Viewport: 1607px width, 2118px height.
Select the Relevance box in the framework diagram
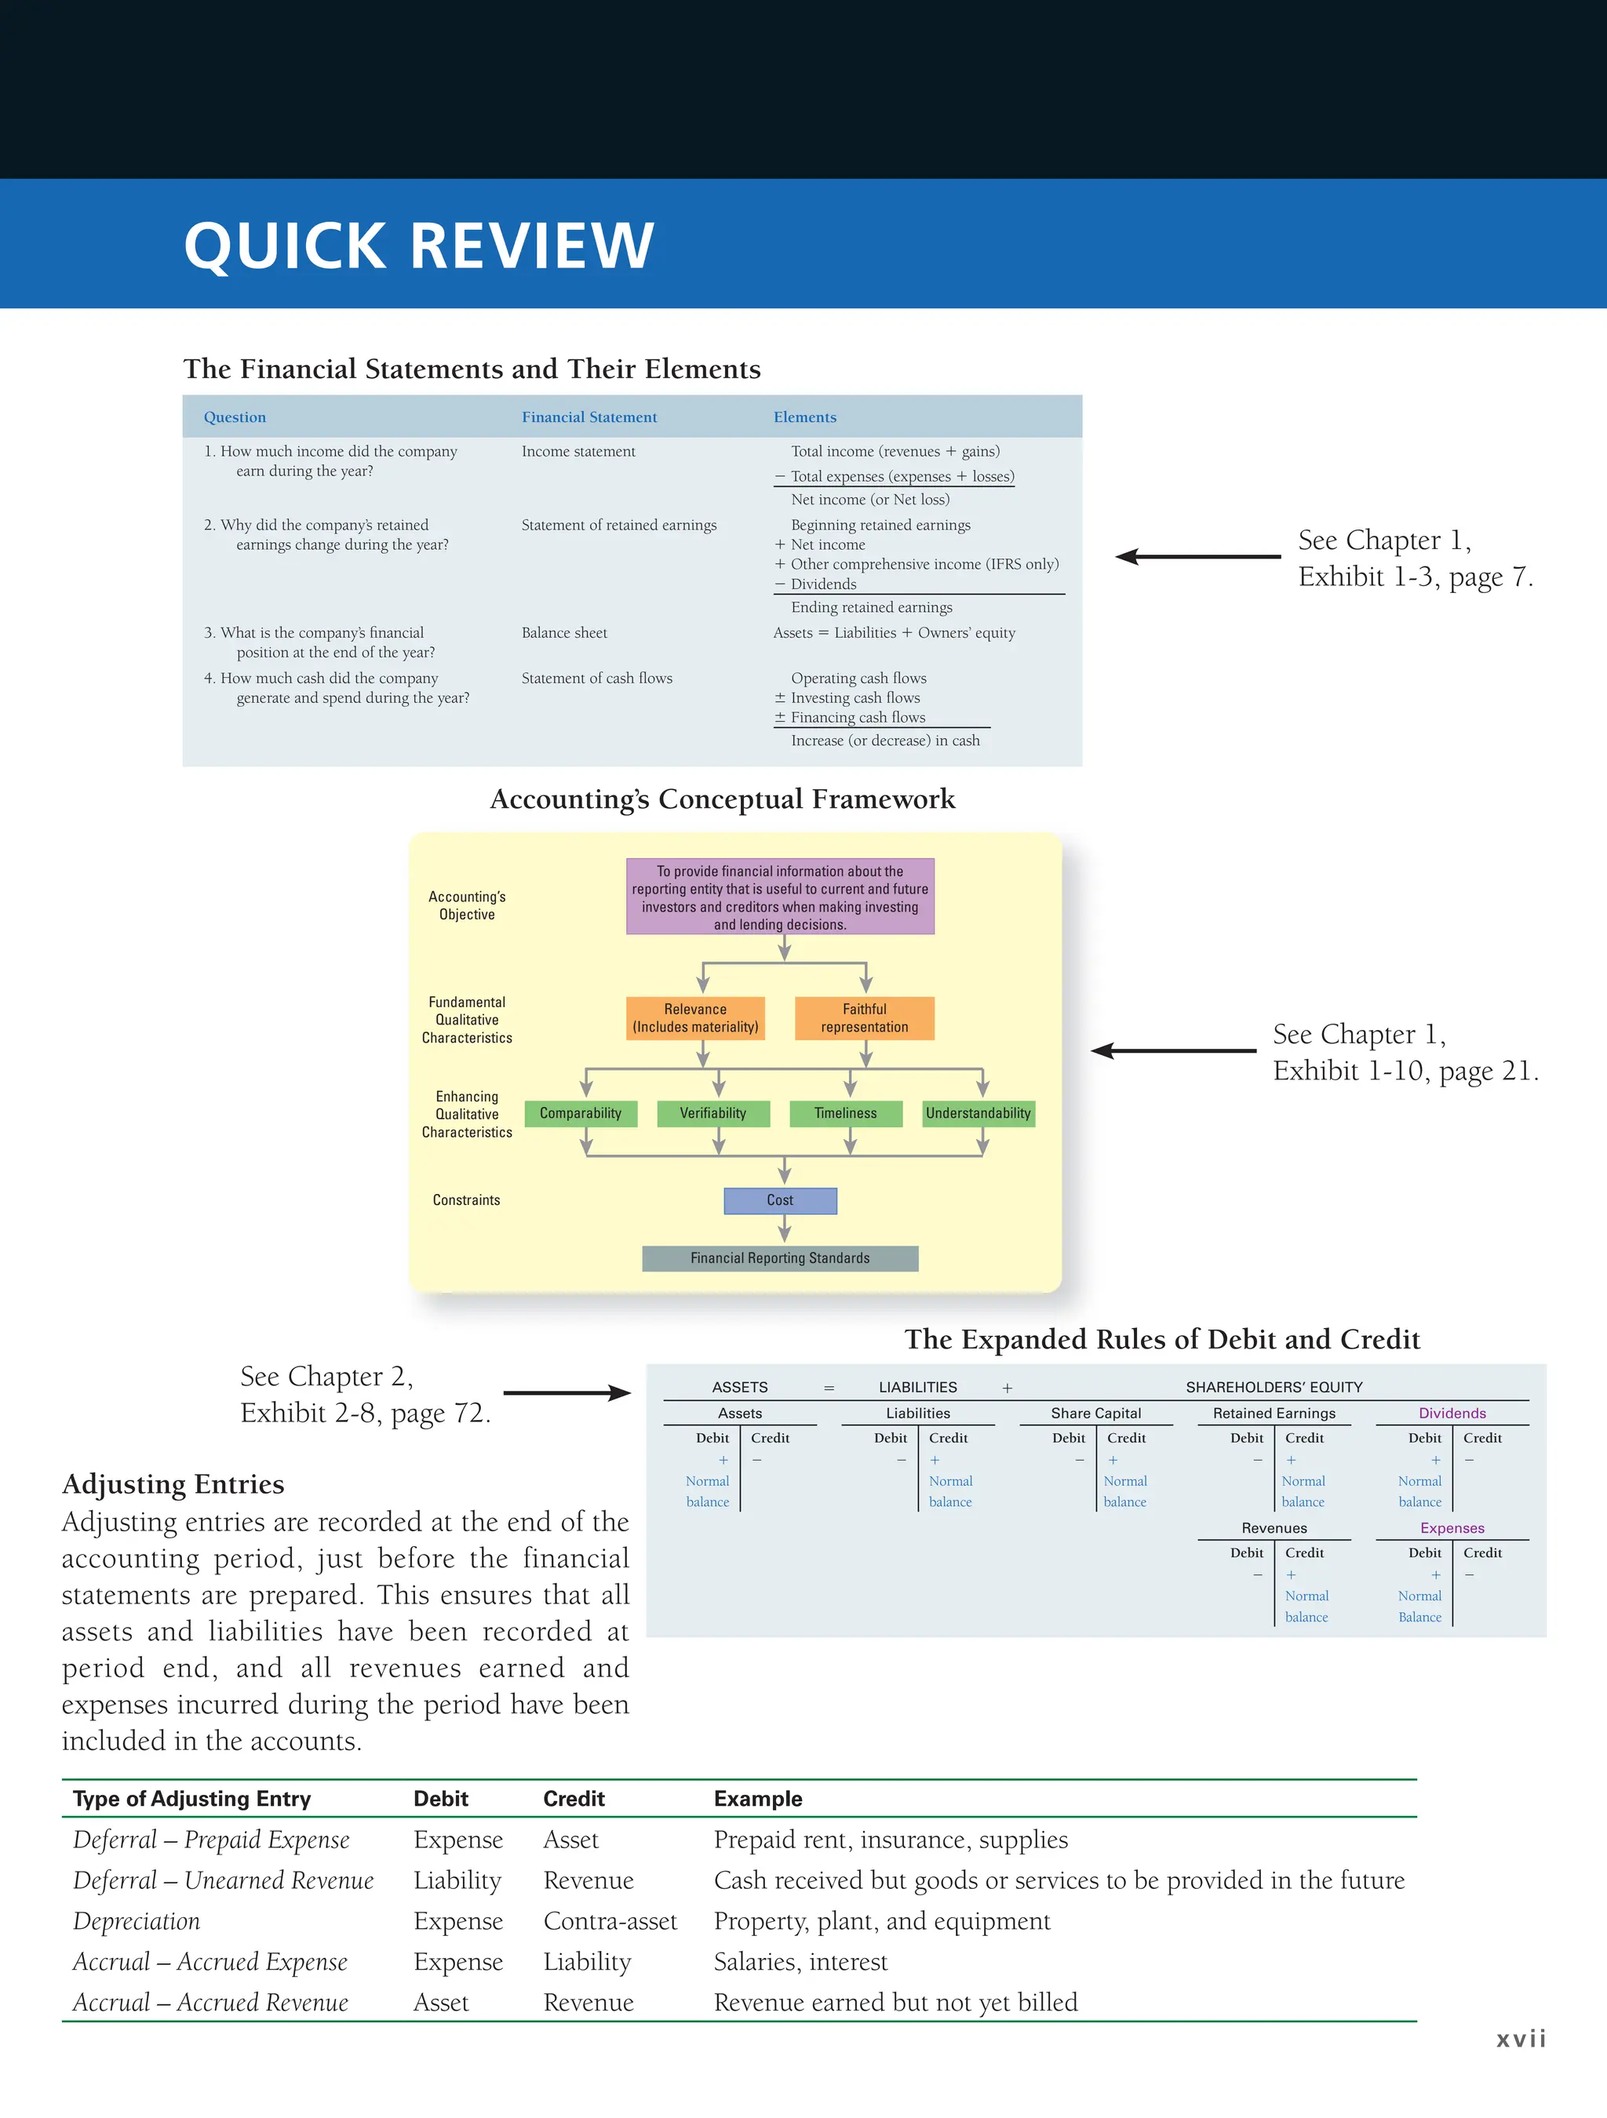point(695,1018)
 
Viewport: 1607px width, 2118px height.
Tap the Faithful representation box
point(864,1018)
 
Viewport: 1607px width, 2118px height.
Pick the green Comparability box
point(581,1114)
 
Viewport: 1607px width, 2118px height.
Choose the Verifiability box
point(712,1114)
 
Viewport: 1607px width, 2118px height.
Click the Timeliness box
point(844,1114)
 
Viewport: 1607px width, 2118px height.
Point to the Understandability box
point(978,1114)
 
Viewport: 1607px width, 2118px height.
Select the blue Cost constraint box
point(779,1201)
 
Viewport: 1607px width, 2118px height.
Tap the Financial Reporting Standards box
point(779,1258)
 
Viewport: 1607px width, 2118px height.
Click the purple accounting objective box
point(779,897)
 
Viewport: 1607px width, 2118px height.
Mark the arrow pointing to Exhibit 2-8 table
point(567,1393)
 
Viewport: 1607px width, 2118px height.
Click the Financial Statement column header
point(589,417)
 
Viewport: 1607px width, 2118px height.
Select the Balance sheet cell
point(564,633)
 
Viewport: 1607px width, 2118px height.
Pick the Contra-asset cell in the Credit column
point(610,1922)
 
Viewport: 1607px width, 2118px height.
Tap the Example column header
point(757,1800)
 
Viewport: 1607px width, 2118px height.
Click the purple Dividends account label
point(1452,1414)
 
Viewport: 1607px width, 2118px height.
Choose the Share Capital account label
point(1095,1414)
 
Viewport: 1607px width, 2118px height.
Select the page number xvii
point(1521,2040)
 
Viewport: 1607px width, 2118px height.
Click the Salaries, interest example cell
point(800,1963)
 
